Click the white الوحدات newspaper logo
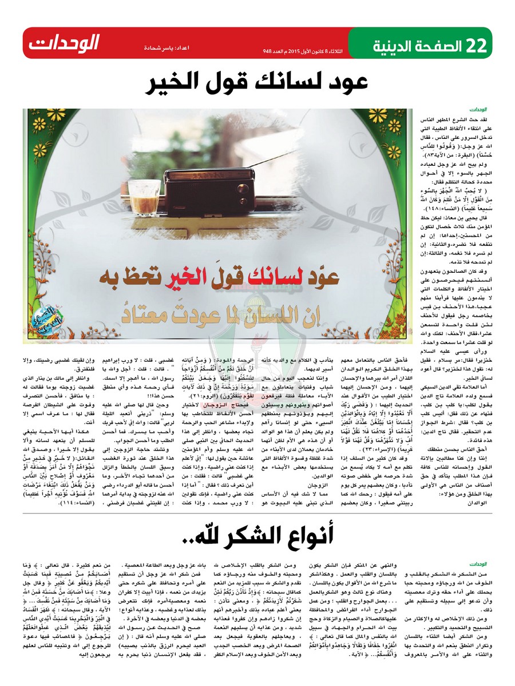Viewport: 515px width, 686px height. (63, 43)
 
